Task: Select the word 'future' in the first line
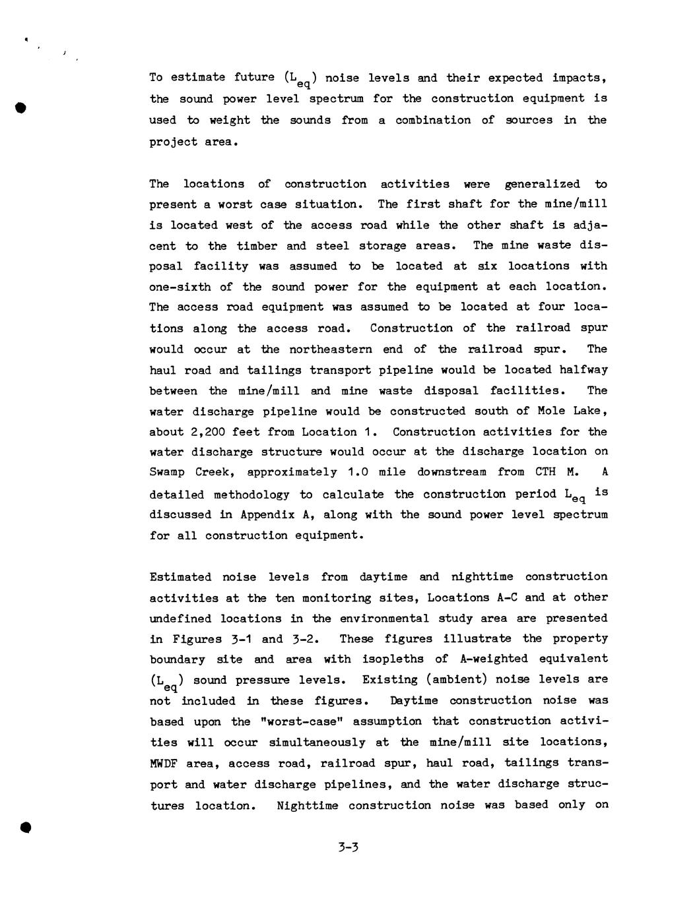(254, 77)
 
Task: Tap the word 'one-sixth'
(178, 287)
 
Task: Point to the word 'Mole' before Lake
(550, 411)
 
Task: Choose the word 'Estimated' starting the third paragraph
(180, 577)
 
